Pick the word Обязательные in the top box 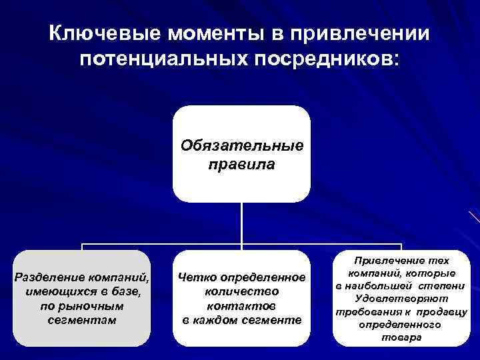[x=241, y=145]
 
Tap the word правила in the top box [x=241, y=163]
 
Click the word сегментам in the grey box [x=82, y=320]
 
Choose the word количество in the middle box [x=241, y=292]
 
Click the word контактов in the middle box [x=241, y=306]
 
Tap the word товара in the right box [x=401, y=337]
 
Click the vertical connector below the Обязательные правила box [x=241, y=223]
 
